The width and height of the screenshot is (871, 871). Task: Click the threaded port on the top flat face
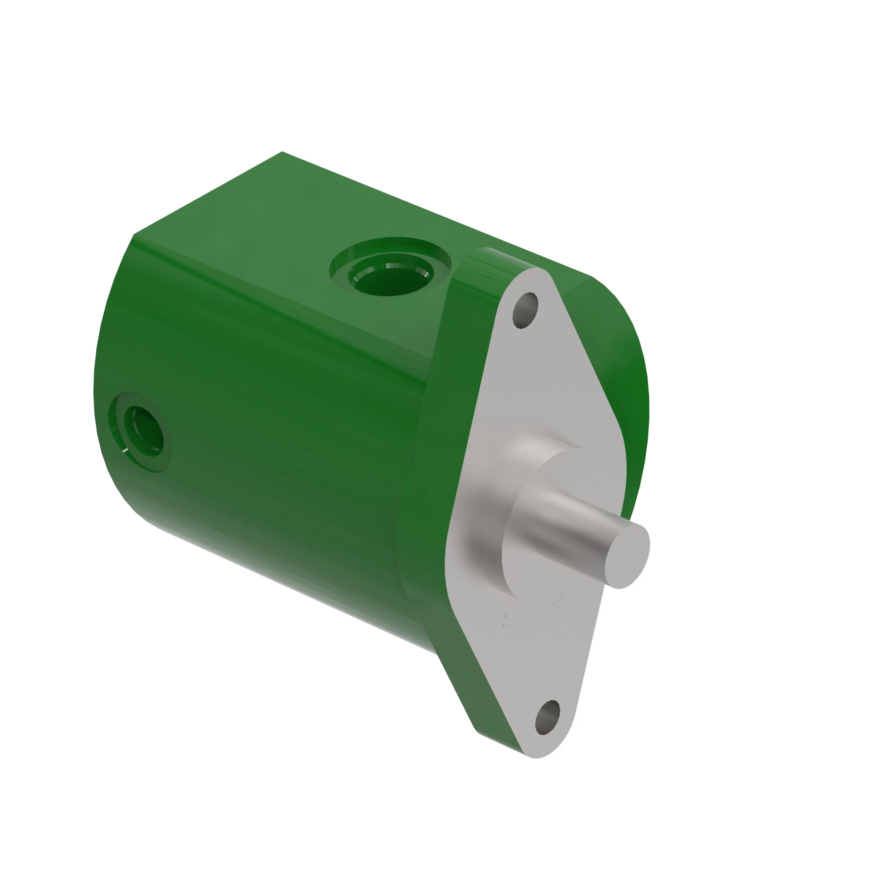390,273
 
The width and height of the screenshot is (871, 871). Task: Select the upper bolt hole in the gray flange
525,310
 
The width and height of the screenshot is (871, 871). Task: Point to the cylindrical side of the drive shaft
573,532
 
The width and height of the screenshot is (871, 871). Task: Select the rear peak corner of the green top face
282,152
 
